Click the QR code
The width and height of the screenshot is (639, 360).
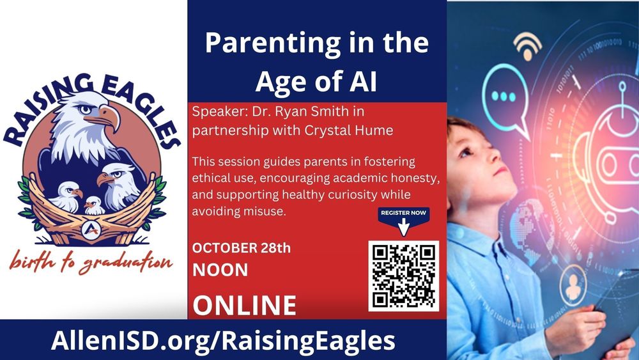coord(403,276)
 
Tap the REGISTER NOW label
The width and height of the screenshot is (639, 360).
coord(403,212)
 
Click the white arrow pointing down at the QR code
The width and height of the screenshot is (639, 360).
coord(403,227)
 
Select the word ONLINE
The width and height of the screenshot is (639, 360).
coord(244,306)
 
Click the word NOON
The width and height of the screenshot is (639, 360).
coord(220,270)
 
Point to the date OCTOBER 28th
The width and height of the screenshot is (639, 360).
coord(242,248)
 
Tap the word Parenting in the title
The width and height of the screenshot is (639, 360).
coord(273,43)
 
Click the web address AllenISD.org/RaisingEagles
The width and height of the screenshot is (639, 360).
coord(223,340)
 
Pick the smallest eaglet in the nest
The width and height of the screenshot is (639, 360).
coord(94,206)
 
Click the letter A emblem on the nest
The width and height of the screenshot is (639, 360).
coord(91,230)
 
